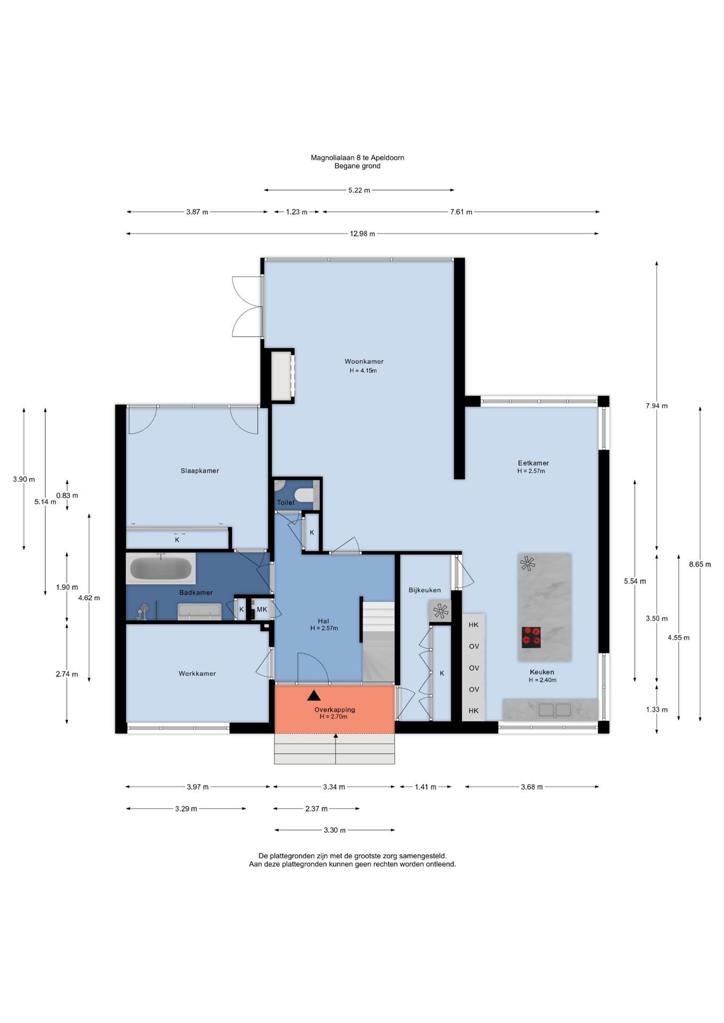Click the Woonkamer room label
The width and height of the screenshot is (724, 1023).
point(364,361)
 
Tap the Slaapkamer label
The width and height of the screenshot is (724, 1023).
point(200,470)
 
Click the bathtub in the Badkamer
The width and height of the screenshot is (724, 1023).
point(160,569)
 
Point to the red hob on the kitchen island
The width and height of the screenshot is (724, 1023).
point(531,637)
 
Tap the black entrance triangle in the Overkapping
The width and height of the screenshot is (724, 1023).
point(314,695)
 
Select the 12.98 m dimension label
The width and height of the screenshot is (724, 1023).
point(363,233)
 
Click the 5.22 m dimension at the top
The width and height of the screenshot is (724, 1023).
point(359,190)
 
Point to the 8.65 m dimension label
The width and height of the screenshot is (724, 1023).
point(700,564)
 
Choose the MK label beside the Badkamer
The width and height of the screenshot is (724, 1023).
point(262,609)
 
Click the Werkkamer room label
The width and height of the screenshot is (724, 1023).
point(197,673)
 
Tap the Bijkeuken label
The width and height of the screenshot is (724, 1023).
point(425,590)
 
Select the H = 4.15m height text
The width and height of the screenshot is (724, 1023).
point(363,370)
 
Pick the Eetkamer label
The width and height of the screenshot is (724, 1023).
point(533,463)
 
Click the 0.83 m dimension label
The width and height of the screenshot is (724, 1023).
point(67,495)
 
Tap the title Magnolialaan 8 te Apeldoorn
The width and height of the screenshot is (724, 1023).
point(357,158)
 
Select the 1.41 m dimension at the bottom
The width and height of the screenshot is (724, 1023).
point(425,786)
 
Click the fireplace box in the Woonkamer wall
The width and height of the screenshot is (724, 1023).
point(283,376)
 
